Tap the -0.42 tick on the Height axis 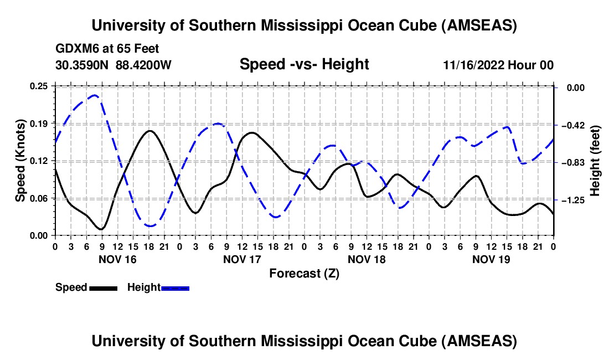pos(571,125)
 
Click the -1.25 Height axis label pos(571,200)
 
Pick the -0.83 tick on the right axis pos(571,162)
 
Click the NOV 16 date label pos(117,259)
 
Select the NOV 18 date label pos(367,259)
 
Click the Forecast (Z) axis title pos(304,273)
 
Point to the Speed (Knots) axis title pos(20,161)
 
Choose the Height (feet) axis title pos(595,161)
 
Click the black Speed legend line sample pos(103,287)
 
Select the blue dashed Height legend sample pos(176,287)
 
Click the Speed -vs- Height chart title pos(304,65)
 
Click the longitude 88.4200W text pos(143,65)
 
